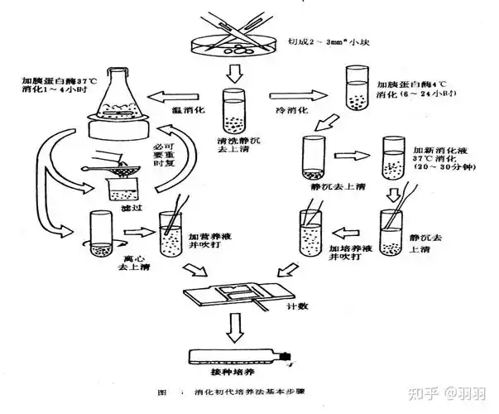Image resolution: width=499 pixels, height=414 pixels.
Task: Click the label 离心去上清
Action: coord(113,262)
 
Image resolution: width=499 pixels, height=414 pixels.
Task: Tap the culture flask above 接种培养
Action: coord(240,357)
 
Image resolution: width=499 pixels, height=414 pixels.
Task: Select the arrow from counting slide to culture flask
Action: coord(236,331)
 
